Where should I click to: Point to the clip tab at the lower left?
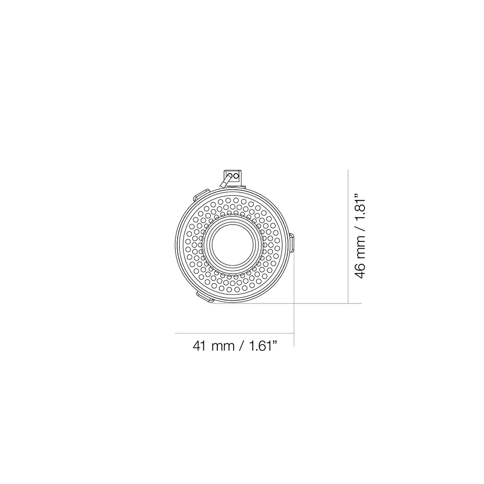[x=203, y=297]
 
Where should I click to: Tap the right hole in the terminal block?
[x=237, y=177]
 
